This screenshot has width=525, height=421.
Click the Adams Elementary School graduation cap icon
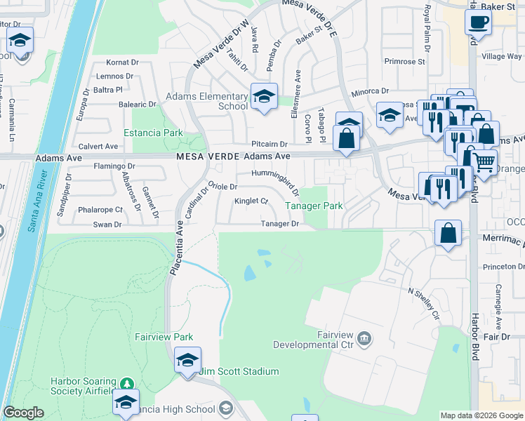click(264, 98)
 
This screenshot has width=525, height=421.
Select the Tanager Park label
click(314, 206)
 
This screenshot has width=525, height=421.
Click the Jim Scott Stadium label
click(239, 371)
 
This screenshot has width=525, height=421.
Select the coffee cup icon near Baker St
click(478, 22)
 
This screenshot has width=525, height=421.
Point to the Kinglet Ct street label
click(251, 201)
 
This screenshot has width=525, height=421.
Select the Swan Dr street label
click(107, 225)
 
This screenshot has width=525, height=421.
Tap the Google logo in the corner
click(24, 413)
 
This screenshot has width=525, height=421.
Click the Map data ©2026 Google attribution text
click(481, 415)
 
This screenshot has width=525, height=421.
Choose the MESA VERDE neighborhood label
click(203, 156)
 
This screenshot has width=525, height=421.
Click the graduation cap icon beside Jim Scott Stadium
click(187, 360)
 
